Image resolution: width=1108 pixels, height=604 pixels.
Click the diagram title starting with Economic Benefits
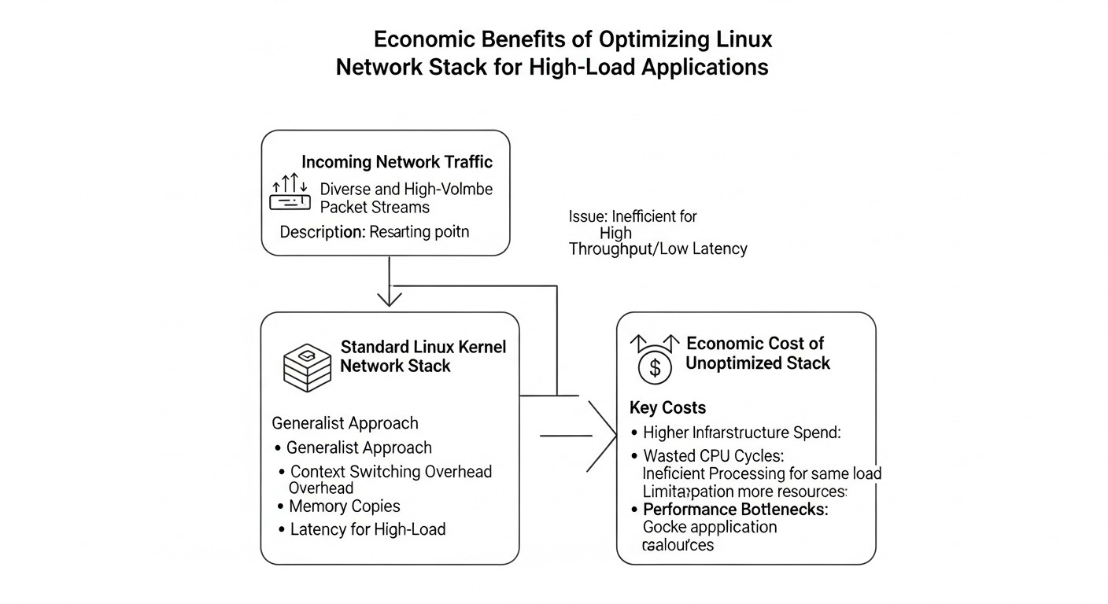pos(552,53)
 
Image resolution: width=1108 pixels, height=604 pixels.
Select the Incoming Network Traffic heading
pos(397,162)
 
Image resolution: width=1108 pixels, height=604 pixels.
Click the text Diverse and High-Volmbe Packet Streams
pos(406,198)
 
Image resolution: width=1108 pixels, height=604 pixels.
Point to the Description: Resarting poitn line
pos(374,232)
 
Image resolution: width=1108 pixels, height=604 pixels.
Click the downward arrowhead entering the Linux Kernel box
pos(390,298)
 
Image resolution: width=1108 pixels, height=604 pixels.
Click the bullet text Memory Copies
pos(344,506)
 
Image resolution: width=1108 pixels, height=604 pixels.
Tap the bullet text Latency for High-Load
pos(367,529)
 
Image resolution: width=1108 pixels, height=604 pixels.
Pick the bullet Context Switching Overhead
pos(390,472)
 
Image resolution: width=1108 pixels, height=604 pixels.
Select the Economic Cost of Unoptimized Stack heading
pos(756,353)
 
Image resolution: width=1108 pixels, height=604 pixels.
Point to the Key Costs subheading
pos(667,407)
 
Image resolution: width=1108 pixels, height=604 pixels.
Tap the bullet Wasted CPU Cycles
pos(713,455)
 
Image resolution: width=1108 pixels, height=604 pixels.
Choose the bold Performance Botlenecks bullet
pos(735,509)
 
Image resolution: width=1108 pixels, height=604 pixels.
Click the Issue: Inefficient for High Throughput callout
pos(656,232)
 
